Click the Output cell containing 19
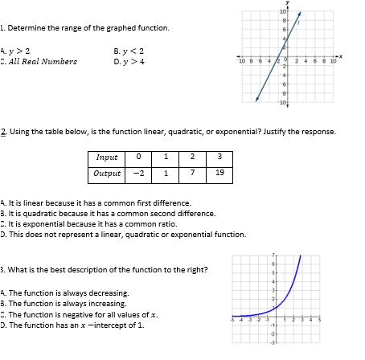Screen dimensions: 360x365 click(x=220, y=172)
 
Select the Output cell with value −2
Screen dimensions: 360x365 click(x=139, y=172)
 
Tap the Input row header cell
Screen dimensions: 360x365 click(x=106, y=157)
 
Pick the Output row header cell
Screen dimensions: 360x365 click(x=106, y=172)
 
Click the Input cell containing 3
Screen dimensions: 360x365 click(x=220, y=157)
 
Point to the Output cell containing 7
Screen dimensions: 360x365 click(x=193, y=172)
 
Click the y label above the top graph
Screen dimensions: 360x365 click(x=287, y=3)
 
